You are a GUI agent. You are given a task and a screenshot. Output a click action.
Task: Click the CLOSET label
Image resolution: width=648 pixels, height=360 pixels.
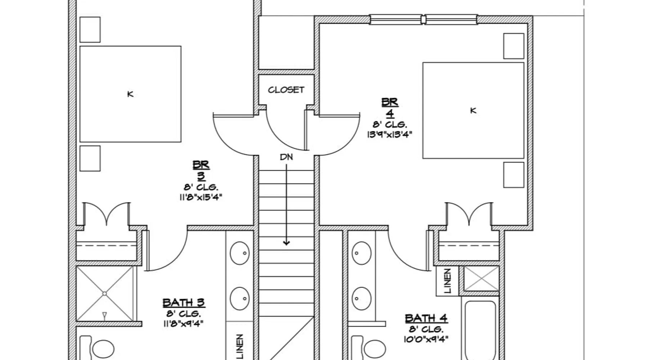pos(286,90)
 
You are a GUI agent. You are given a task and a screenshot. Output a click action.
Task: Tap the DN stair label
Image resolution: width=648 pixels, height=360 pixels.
pos(287,157)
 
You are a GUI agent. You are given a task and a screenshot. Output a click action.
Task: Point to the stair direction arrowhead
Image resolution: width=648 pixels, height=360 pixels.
pos(286,243)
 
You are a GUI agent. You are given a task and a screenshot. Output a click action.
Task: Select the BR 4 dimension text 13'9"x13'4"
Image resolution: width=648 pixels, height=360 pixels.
pos(390,134)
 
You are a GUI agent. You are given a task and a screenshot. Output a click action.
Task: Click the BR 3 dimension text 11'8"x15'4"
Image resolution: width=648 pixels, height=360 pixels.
pos(201,197)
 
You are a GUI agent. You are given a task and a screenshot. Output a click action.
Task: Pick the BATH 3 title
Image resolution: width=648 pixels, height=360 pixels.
pos(184,303)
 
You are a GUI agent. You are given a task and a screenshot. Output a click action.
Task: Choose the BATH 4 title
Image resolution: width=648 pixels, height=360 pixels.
pos(426,318)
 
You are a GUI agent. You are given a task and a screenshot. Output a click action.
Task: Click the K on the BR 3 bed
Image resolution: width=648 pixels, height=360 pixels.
pos(130,94)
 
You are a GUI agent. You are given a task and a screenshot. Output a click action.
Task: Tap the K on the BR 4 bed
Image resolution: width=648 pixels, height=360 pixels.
pos(473,111)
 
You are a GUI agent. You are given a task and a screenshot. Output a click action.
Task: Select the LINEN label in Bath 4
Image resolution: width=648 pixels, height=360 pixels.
pos(447,281)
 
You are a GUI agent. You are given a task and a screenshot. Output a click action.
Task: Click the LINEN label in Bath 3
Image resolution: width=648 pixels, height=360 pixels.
pos(240,346)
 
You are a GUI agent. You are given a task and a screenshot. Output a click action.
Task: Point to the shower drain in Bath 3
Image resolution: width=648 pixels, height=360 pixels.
pos(104,294)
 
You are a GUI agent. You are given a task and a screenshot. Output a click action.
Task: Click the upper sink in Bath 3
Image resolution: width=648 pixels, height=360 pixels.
pos(240,253)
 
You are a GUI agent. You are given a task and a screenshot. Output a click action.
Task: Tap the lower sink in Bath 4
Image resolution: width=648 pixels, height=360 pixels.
pos(361,298)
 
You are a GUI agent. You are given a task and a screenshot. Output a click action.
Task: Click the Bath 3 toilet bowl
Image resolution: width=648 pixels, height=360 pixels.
pos(103,349)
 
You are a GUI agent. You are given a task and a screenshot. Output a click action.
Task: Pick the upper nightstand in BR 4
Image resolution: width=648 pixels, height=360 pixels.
pos(514,46)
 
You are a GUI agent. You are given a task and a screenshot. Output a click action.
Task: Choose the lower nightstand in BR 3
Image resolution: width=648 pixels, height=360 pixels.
pos(90,158)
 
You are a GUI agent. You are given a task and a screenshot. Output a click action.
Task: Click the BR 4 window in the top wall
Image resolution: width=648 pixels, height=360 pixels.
pos(424,19)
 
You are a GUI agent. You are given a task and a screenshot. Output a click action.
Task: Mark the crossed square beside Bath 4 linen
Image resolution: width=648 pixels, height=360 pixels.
pos(481,278)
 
